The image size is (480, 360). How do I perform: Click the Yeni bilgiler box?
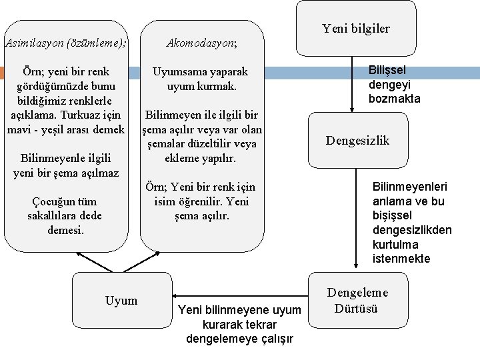356,28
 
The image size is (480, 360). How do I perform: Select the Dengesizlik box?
357,140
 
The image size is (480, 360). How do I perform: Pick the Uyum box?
121,301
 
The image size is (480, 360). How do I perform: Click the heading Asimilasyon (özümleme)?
65,43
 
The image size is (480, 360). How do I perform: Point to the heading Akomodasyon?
201,43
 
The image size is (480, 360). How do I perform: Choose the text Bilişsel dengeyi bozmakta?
395,84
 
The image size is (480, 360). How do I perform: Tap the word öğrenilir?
201,201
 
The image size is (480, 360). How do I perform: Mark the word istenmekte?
401,259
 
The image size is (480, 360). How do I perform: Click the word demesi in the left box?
66,231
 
